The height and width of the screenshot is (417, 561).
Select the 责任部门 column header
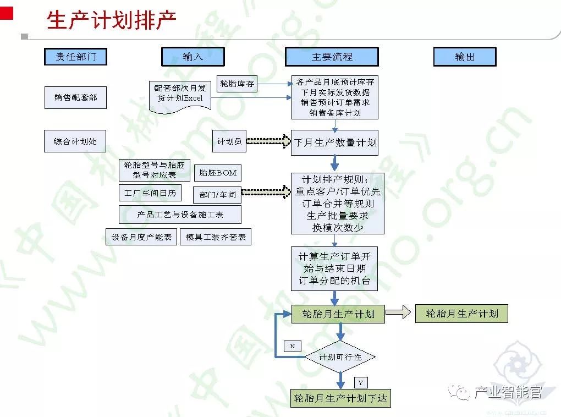pyautogui.click(x=75, y=57)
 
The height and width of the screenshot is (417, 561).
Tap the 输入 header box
pyautogui.click(x=193, y=57)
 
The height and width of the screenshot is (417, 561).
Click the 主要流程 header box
pyautogui.click(x=332, y=57)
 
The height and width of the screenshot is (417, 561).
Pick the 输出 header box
pyautogui.click(x=465, y=57)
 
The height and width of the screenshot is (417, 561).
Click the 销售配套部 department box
pyautogui.click(x=75, y=97)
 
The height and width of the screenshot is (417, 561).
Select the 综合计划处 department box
pyautogui.click(x=75, y=141)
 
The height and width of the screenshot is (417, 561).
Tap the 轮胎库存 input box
pyautogui.click(x=237, y=84)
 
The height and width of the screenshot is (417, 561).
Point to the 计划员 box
pyautogui.click(x=229, y=141)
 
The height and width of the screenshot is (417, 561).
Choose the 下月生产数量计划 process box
pyautogui.click(x=335, y=142)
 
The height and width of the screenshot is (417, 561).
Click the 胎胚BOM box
pyautogui.click(x=218, y=173)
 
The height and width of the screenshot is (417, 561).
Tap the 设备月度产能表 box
pyautogui.click(x=141, y=237)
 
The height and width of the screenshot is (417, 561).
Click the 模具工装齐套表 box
pyautogui.click(x=216, y=237)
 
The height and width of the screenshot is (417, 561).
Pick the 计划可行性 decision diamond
pyautogui.click(x=340, y=358)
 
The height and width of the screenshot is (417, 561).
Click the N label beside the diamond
pyautogui.click(x=292, y=346)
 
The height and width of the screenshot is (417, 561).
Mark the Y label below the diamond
pyautogui.click(x=360, y=382)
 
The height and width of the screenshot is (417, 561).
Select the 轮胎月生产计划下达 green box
pyautogui.click(x=340, y=398)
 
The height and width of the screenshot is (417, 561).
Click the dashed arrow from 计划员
pyautogui.click(x=268, y=142)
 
